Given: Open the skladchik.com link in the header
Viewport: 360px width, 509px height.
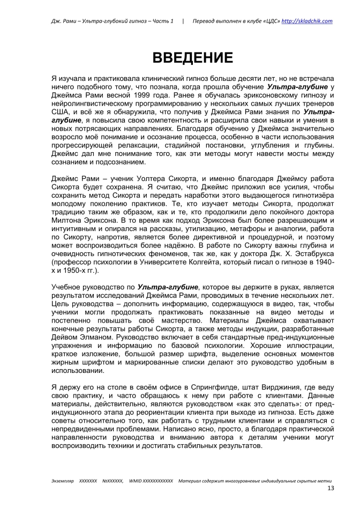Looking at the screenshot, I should pos(307,21).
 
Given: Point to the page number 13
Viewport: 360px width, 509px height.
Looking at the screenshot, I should pos(330,489).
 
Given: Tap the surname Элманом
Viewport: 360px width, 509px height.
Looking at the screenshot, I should pos(102,333).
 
